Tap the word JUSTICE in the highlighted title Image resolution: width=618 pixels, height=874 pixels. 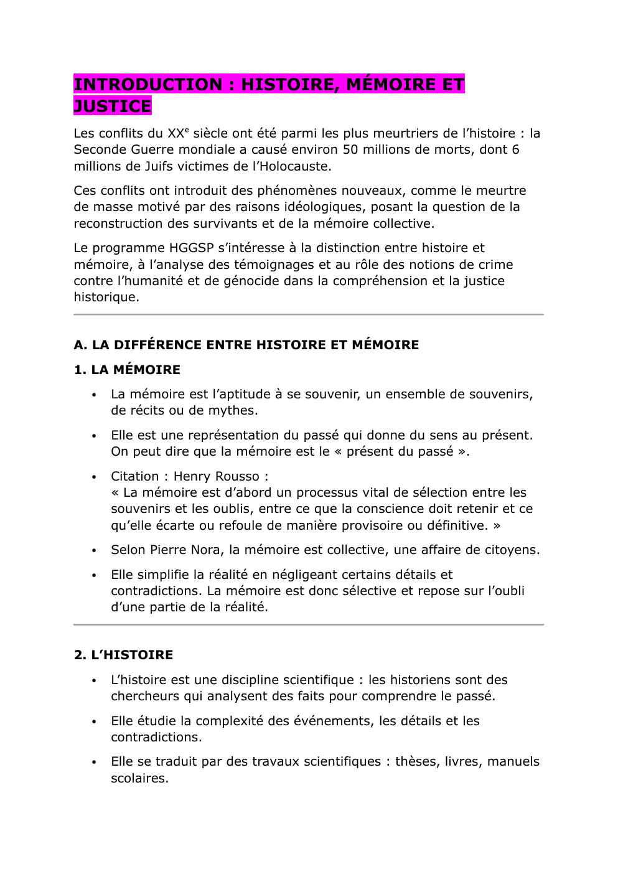[113, 106]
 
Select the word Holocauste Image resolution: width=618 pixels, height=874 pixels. [295, 166]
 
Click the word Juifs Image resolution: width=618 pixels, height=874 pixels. [166, 166]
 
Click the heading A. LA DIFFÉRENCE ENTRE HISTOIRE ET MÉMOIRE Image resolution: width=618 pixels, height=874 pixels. [246, 345]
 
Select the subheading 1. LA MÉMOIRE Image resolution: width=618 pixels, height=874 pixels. [127, 370]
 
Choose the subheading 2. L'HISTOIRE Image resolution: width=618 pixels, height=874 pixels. [123, 655]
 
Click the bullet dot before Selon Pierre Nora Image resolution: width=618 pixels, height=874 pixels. [94, 550]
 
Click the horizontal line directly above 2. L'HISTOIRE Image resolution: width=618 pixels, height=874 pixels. [308, 624]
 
